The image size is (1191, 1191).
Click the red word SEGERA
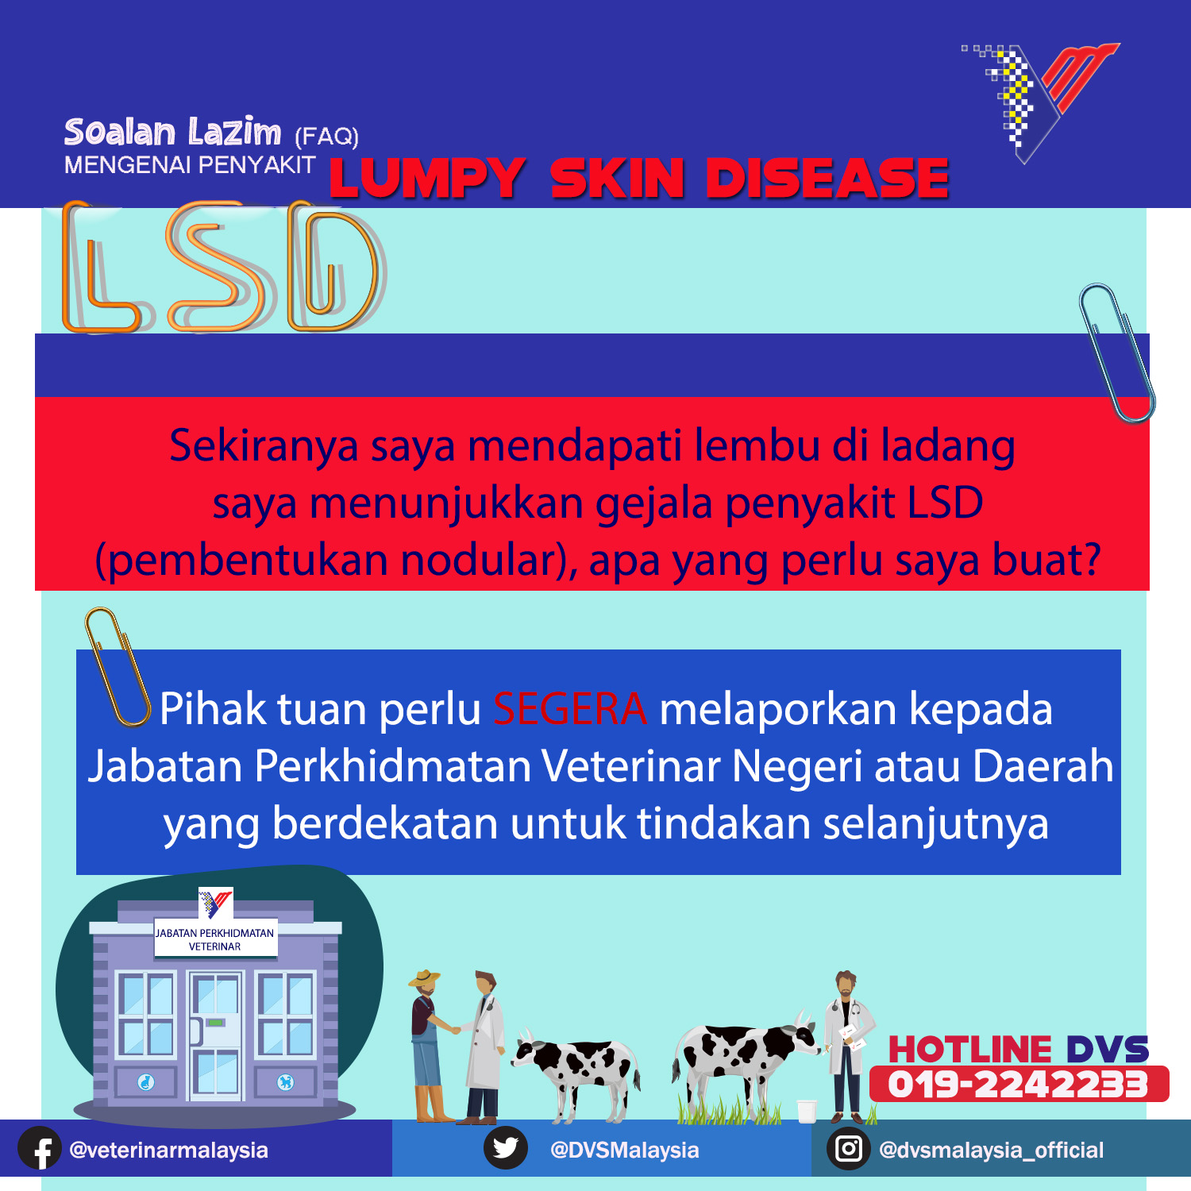pos(570,708)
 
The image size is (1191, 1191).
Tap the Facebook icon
pos(40,1149)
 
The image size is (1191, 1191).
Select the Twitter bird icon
pos(506,1148)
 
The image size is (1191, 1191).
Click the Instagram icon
pos(849,1149)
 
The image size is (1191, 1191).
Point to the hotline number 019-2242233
pos(1019,1085)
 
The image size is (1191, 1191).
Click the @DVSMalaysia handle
pos(625,1150)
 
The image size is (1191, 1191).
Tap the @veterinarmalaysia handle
pos(169,1150)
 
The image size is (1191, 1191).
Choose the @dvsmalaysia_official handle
pos(992,1150)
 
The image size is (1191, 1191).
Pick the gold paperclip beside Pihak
pos(117,667)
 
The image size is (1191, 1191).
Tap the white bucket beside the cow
pos(807,1111)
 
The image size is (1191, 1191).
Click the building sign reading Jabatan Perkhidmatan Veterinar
pos(214,939)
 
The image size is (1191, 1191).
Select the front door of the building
pos(216,1035)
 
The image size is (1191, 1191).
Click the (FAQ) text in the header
pos(327,137)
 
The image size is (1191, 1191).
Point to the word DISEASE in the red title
pos(827,178)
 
